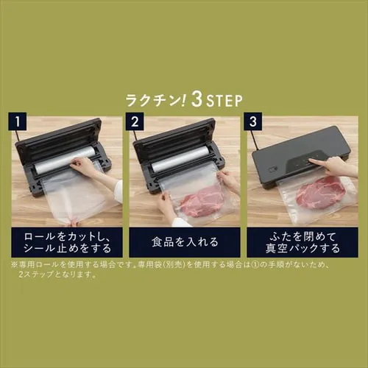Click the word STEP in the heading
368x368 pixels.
coord(224,100)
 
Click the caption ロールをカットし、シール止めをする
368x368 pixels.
coord(66,241)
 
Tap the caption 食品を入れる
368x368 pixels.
coord(184,241)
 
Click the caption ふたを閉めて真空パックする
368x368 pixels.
coord(302,241)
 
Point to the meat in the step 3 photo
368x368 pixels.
coord(321,193)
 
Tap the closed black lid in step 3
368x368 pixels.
coord(298,151)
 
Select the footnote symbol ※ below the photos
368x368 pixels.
coord(14,263)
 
